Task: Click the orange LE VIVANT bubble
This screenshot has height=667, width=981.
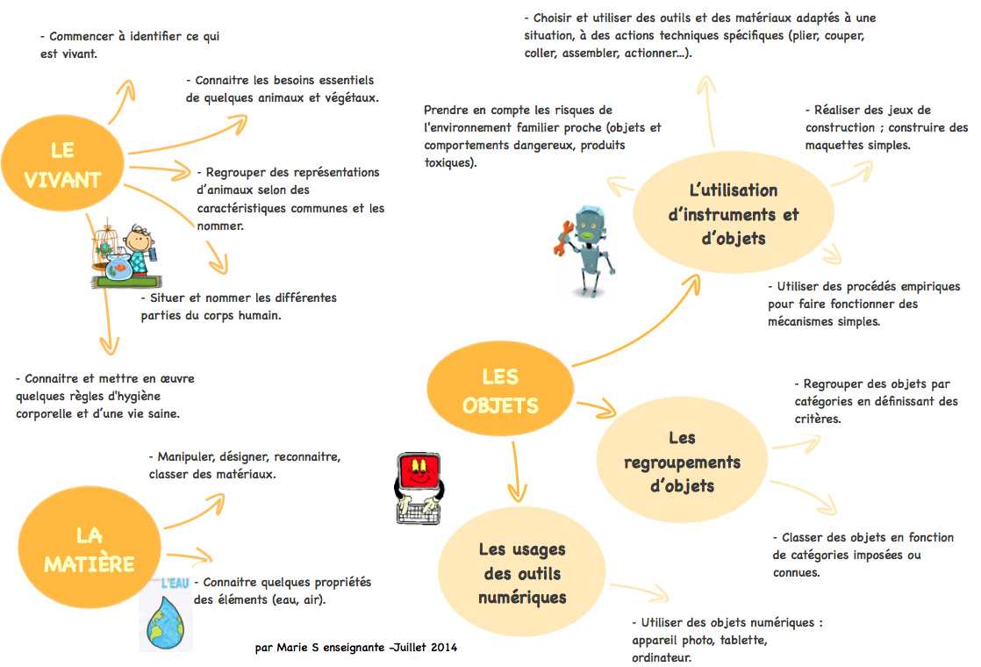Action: (x=62, y=165)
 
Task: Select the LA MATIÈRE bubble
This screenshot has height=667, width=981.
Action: (x=89, y=549)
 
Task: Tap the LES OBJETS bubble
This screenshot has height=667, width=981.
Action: (x=500, y=391)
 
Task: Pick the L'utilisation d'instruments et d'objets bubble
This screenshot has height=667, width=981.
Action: (x=733, y=214)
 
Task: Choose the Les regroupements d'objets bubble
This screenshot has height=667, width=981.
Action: (x=682, y=462)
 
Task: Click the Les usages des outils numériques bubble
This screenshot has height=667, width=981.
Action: (x=522, y=573)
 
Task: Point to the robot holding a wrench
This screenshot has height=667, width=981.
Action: (x=588, y=250)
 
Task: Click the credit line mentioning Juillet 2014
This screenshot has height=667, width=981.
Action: (x=355, y=648)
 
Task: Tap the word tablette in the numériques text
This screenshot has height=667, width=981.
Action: (x=743, y=640)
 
